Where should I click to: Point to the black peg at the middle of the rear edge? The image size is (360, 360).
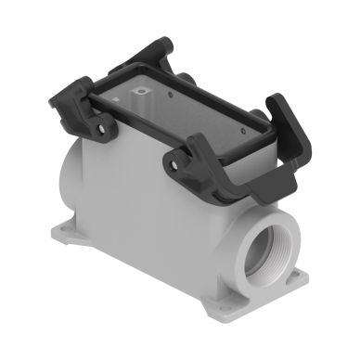[x=186, y=78]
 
